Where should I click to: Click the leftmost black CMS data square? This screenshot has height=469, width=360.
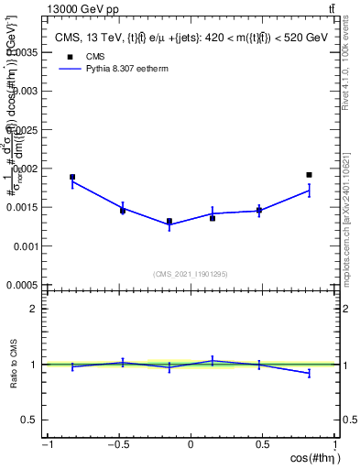72,177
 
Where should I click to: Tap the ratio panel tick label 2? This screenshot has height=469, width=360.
35,309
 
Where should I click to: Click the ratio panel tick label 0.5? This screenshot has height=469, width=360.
31,420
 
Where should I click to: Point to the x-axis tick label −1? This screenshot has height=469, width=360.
47,445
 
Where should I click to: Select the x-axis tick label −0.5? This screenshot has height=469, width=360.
117,445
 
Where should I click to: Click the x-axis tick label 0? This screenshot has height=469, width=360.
191,445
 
